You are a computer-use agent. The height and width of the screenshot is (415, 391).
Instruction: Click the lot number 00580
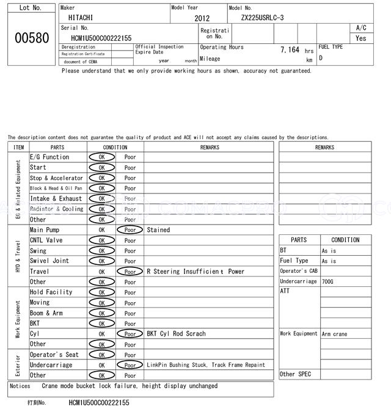pos(31,38)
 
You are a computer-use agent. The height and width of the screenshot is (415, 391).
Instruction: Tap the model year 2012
pos(202,18)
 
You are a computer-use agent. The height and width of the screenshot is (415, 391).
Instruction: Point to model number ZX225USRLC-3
pos(262,18)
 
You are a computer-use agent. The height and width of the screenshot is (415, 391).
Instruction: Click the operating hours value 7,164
pos(290,49)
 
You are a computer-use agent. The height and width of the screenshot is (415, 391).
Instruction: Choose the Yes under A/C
pos(361,38)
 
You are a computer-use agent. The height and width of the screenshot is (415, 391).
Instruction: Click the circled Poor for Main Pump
pos(130,230)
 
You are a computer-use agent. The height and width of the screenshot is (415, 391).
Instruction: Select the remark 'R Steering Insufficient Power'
pos(195,272)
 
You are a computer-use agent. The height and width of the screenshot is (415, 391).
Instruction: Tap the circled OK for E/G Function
pos(101,157)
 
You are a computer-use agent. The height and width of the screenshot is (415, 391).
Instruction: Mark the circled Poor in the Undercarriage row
pos(130,365)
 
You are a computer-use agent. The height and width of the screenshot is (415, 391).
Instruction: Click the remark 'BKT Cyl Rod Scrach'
pos(176,334)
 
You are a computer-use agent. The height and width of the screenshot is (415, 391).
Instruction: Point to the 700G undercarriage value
pos(328,281)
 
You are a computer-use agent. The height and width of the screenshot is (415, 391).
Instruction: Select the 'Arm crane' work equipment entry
pos(335,334)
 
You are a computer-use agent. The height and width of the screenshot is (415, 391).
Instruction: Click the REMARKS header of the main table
pos(209,147)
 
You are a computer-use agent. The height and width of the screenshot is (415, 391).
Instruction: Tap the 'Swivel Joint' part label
pos(49,261)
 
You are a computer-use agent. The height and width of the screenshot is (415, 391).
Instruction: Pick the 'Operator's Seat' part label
pos(54,355)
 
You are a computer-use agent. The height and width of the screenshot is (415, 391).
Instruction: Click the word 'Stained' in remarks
pos(158,230)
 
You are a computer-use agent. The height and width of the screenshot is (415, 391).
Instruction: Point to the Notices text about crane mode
pos(129,386)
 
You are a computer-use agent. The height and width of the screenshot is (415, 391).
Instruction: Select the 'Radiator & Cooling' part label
pos(56,209)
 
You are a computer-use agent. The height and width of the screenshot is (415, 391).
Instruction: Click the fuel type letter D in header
pos(321,58)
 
